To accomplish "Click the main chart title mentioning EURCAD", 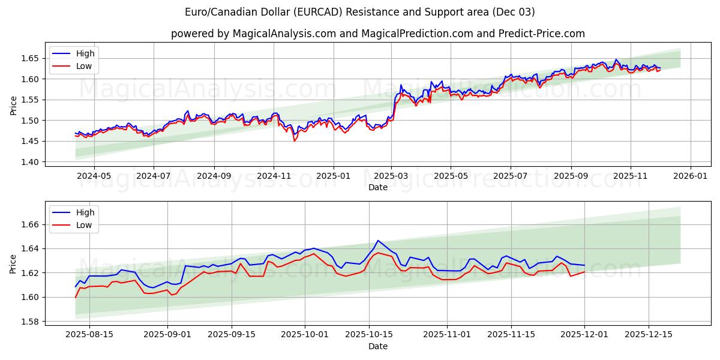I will [x=360, y=12].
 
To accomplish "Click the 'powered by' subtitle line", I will [x=378, y=34].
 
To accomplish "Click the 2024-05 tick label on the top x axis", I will [x=94, y=176].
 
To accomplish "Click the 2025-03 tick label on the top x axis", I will [x=391, y=176].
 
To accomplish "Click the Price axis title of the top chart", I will [x=14, y=105].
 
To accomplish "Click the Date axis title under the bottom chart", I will [x=378, y=346].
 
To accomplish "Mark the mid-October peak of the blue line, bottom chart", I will [x=377, y=241].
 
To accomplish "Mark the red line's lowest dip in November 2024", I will [x=294, y=141].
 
